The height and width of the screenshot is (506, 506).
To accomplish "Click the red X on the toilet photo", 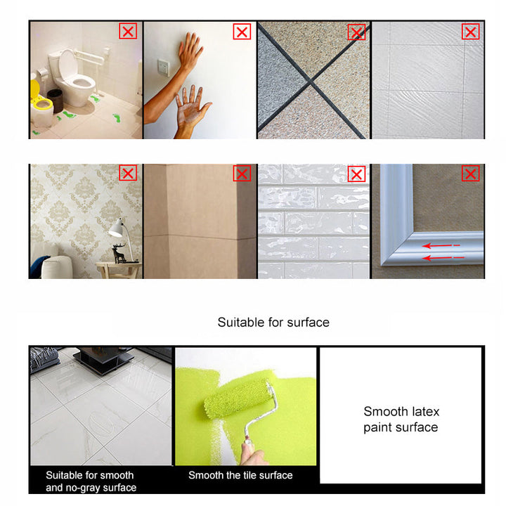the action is pyautogui.click(x=128, y=32).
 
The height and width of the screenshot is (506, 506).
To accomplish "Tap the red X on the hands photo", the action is pyautogui.click(x=242, y=32).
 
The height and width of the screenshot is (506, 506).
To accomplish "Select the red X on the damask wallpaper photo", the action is pyautogui.click(x=128, y=173).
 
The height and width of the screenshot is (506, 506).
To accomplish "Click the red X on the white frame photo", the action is pyautogui.click(x=470, y=174).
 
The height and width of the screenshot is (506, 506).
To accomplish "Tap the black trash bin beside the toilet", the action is pyautogui.click(x=56, y=100).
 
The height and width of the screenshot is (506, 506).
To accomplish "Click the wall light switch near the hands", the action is pyautogui.click(x=164, y=67).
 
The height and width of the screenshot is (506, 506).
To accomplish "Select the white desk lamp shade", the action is pyautogui.click(x=116, y=229).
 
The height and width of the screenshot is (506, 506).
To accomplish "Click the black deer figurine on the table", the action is pyautogui.click(x=119, y=253).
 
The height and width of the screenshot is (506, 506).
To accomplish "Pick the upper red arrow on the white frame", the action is pyautogui.click(x=441, y=246).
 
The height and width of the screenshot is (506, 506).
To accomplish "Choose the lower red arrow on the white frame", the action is pyautogui.click(x=443, y=258).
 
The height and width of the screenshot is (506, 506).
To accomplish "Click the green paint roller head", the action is pyautogui.click(x=238, y=398).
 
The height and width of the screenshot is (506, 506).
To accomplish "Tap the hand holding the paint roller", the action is pyautogui.click(x=254, y=455).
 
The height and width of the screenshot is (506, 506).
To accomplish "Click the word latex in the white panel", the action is pyautogui.click(x=426, y=411).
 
